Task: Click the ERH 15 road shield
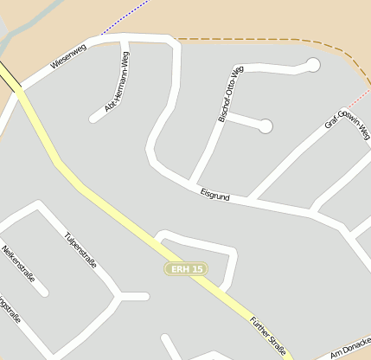coord(187,270)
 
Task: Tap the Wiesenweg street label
coord(69,58)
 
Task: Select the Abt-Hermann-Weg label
coord(118,83)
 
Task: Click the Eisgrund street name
coord(214,196)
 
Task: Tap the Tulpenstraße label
coord(80,250)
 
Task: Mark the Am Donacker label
coord(349,349)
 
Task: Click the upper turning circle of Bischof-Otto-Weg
coord(313,64)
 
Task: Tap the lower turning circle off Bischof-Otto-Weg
coord(265,126)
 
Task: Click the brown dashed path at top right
coord(259,39)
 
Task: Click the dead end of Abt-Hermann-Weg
coord(93,118)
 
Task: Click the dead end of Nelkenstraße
coord(43,292)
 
